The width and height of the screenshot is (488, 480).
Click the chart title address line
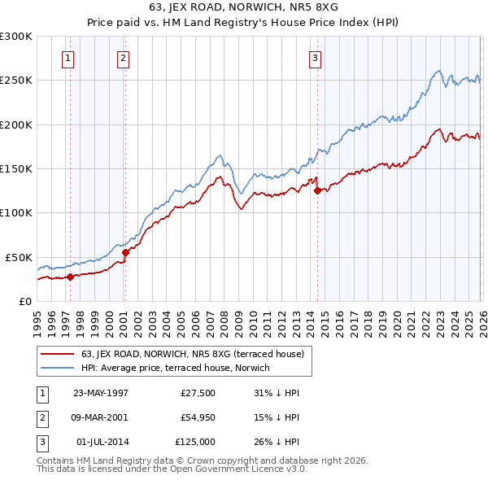pos(244,7)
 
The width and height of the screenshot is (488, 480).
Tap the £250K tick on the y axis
pos(16,81)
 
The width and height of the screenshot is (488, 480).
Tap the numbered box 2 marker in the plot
pos(122,58)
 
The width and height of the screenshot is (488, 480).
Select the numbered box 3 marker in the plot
pos(315,58)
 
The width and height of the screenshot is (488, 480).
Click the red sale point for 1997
pos(71,277)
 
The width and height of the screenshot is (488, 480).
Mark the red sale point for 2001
pos(125,253)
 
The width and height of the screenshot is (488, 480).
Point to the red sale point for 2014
pos(317,191)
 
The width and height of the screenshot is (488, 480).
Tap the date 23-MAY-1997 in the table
pos(101,393)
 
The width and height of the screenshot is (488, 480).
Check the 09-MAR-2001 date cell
pos(101,417)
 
